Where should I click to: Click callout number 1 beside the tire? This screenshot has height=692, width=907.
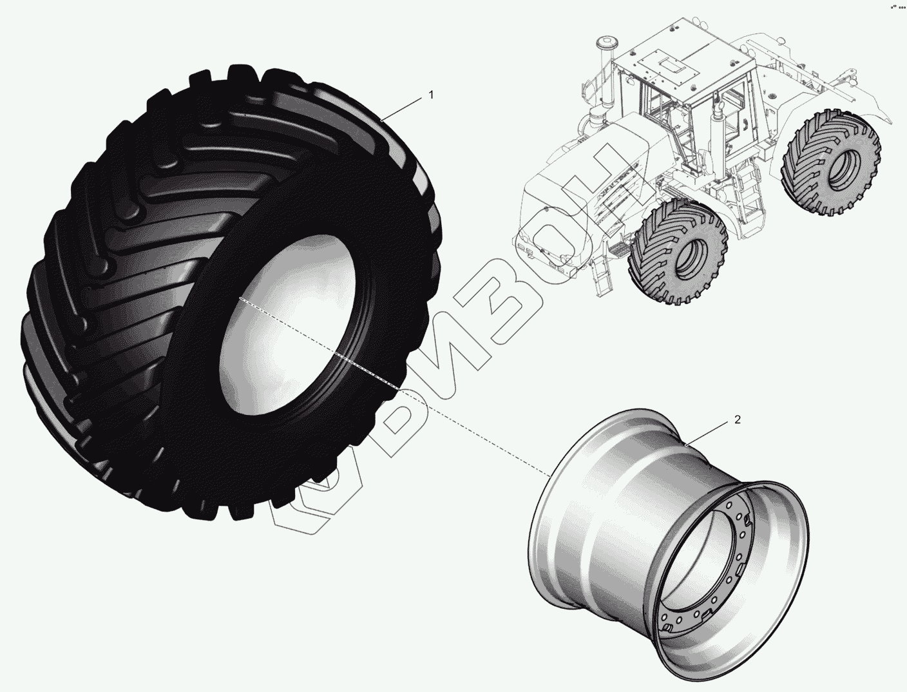(432, 95)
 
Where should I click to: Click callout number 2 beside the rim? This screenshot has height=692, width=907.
(738, 419)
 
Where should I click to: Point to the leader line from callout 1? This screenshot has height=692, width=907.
(402, 109)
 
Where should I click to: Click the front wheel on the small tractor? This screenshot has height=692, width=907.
(677, 251)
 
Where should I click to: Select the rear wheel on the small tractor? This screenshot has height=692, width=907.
(831, 162)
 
